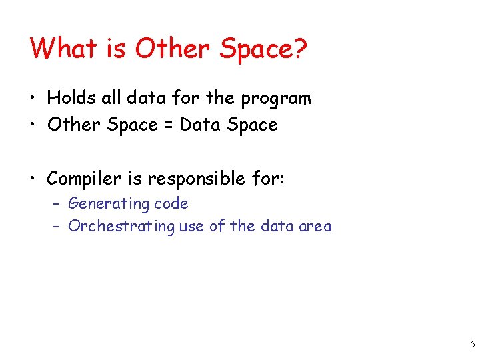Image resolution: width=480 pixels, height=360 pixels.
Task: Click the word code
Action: tap(172, 204)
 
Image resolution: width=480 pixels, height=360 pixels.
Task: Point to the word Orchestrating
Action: tap(122, 227)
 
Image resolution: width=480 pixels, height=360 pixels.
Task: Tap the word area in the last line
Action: tap(315, 227)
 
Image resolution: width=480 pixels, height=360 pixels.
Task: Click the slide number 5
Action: tap(472, 345)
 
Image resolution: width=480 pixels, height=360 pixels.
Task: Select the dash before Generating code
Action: tap(57, 204)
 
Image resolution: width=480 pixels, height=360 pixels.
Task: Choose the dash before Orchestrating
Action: tap(57, 227)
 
